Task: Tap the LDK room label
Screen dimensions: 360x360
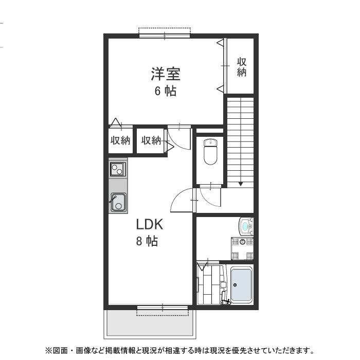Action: click(x=149, y=225)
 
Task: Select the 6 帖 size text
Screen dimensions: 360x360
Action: click(x=165, y=92)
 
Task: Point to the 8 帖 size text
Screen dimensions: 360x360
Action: click(x=147, y=241)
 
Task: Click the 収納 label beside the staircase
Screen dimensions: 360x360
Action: click(x=241, y=67)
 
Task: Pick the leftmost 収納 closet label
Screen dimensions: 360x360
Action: click(x=120, y=140)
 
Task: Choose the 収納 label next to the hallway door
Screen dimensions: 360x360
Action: click(x=151, y=140)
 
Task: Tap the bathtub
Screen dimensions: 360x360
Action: click(x=241, y=285)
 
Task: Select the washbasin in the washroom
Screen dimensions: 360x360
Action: click(x=246, y=225)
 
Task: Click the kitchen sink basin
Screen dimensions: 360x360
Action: click(x=118, y=202)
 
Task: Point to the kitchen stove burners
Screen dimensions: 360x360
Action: click(x=118, y=168)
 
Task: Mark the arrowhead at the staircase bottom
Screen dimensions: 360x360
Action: click(x=240, y=184)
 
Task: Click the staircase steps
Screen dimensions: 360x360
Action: click(x=240, y=139)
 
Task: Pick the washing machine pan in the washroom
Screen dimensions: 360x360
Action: click(x=243, y=249)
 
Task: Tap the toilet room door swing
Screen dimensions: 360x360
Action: click(x=210, y=195)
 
